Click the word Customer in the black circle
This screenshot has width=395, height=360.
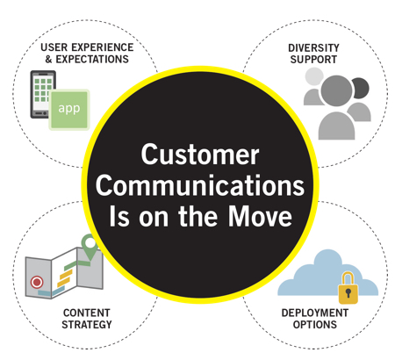tap(200, 155)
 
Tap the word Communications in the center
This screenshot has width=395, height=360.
tap(200, 185)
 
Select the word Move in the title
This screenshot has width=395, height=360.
tap(260, 216)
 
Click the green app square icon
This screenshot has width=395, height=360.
tap(69, 110)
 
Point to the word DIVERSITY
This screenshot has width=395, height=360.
tap(313, 47)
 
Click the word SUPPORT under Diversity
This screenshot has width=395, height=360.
tap(313, 60)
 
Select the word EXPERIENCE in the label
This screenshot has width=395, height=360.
tap(102, 47)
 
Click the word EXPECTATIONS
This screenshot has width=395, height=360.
tap(92, 59)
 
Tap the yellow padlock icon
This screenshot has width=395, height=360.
tap(348, 288)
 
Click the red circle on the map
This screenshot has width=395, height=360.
tap(37, 283)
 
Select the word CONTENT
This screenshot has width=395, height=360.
tap(87, 313)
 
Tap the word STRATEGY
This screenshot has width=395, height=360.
tap(87, 325)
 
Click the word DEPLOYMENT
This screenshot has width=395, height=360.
tap(315, 313)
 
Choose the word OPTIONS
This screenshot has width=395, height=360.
tap(315, 325)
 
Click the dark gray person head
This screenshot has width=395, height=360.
tap(361, 88)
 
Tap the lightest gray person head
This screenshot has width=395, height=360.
tap(313, 76)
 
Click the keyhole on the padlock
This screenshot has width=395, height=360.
tap(348, 292)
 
